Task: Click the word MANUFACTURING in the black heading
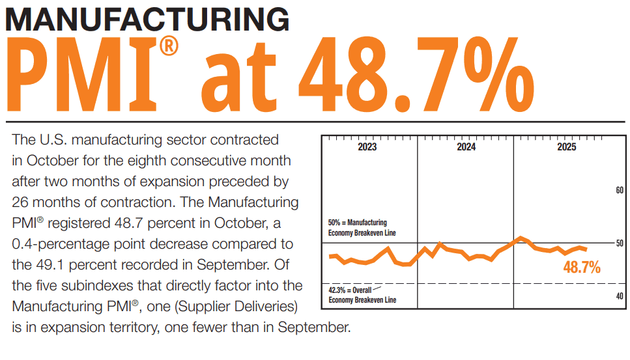click(147, 20)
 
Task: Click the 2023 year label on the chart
click(367, 148)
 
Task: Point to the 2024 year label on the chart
click(466, 148)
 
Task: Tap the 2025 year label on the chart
click(566, 148)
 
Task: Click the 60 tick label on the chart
click(620, 190)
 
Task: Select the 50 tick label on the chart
click(620, 243)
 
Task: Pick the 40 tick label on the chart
click(620, 296)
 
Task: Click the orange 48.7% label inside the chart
click(582, 267)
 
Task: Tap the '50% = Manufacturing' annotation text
click(358, 223)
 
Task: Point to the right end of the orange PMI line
click(587, 249)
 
